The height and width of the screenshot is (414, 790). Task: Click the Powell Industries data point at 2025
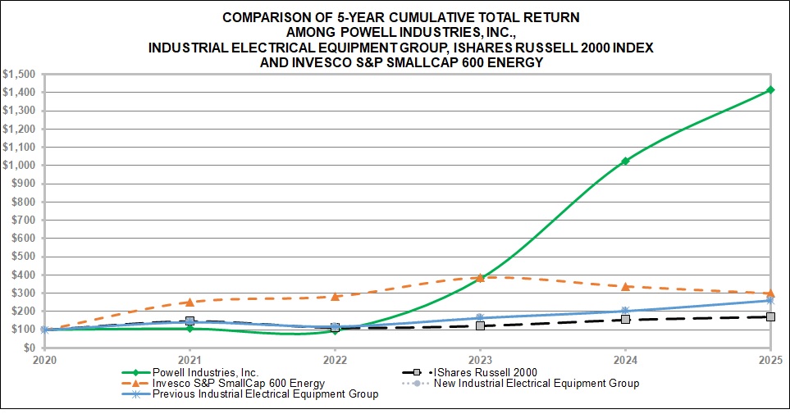pos(770,90)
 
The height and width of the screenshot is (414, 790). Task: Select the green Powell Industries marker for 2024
pos(625,161)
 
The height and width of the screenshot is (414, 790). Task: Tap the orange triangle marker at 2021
pos(190,302)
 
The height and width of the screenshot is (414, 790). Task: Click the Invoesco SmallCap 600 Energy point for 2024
pos(625,286)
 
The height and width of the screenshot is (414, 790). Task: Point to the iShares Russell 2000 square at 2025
pos(770,316)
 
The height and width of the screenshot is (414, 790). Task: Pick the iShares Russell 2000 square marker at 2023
pos(480,325)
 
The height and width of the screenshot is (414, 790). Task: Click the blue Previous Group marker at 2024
pos(625,311)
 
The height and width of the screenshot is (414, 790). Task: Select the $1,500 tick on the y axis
pos(18,74)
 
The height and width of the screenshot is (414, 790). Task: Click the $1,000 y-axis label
pos(18,165)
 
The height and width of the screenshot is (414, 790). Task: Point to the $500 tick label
pos(22,257)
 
